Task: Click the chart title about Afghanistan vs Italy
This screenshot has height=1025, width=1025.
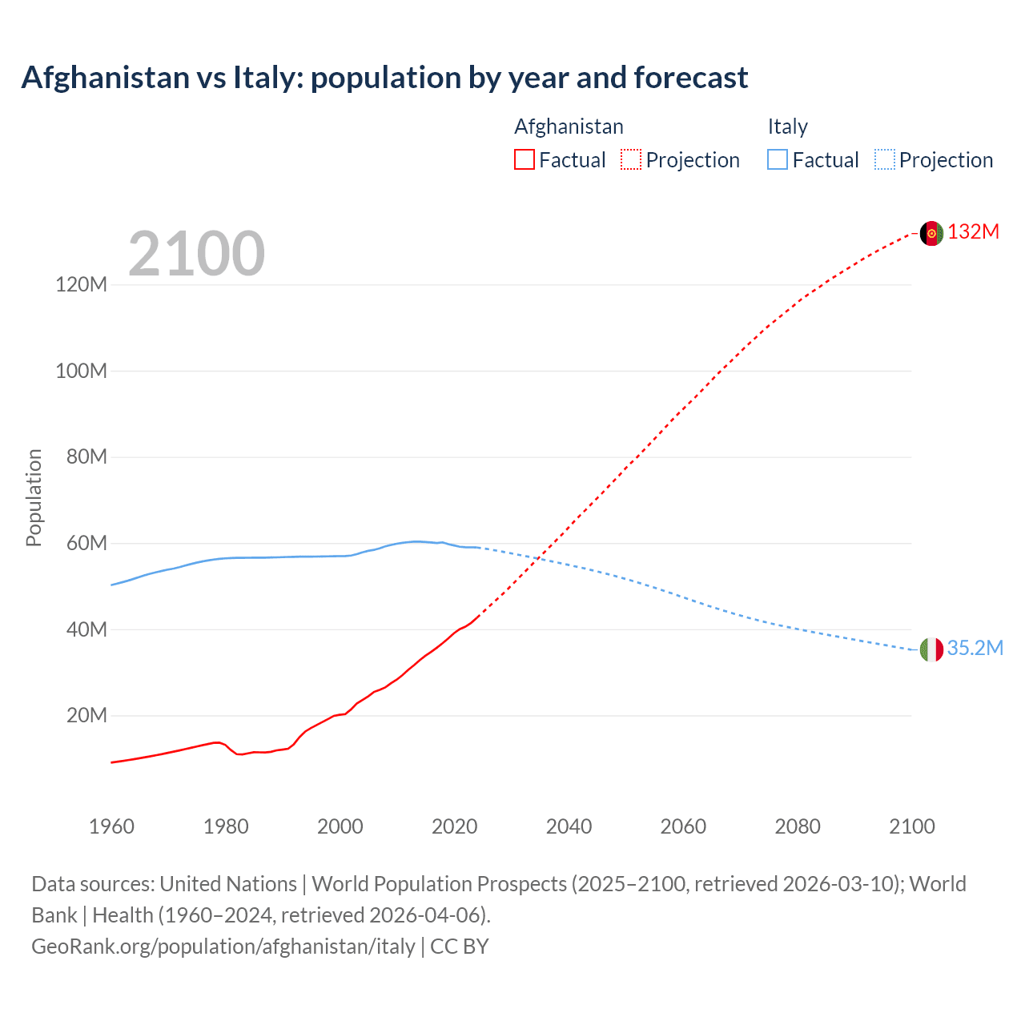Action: tap(384, 78)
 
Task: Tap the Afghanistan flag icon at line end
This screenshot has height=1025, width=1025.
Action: tap(931, 233)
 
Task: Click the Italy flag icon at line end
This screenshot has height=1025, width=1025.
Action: tap(931, 649)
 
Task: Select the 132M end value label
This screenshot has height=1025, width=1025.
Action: tap(974, 232)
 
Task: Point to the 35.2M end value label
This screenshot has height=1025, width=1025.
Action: tap(975, 649)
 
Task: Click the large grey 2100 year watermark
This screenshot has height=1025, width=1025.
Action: tap(196, 254)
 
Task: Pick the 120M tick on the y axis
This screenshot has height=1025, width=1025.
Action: tap(81, 285)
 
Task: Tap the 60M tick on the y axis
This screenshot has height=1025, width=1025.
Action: tap(86, 544)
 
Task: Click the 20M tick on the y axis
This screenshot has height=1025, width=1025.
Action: tap(86, 716)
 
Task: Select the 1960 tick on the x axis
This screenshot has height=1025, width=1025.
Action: tap(111, 826)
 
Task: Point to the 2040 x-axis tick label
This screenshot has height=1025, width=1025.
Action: tap(569, 826)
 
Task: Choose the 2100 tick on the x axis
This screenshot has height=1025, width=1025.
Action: tap(911, 826)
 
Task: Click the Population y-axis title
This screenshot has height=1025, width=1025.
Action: tap(34, 497)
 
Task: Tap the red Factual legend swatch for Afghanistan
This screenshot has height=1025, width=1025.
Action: tap(524, 160)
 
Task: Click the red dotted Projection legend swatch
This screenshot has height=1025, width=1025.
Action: tap(631, 160)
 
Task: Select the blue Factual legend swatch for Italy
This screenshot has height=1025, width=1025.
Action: tap(778, 160)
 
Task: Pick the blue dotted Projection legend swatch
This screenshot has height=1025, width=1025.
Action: tap(884, 160)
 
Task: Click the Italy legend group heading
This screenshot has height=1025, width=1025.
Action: tap(787, 127)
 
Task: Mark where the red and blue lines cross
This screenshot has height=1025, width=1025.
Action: tap(540, 558)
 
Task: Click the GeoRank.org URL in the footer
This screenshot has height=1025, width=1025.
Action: tap(223, 947)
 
